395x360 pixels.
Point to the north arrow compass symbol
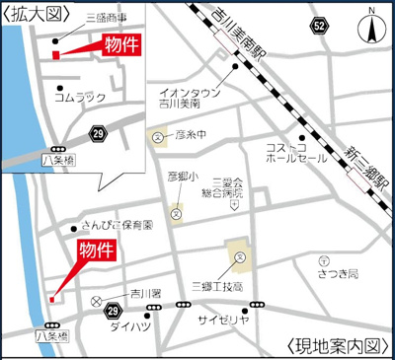(372, 27)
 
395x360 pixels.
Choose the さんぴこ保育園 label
(118, 224)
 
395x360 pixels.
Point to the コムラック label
(80, 98)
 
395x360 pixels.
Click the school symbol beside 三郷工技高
(240, 258)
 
